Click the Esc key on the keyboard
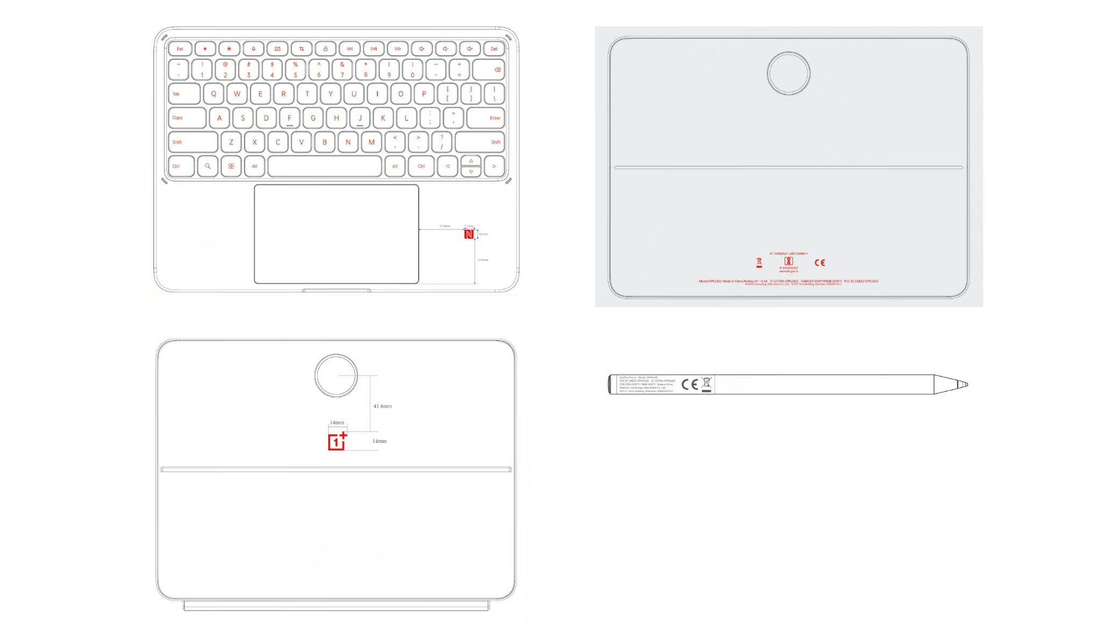[x=180, y=49]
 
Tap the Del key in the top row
[x=494, y=49]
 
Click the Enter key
[x=486, y=118]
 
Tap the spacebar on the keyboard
[x=324, y=166]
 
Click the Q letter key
[x=214, y=94]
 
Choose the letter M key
[x=371, y=142]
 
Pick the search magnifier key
[x=208, y=166]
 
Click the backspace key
[x=489, y=69]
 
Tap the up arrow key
[x=471, y=161]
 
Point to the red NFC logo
[x=469, y=234]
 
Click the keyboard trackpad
[x=336, y=234]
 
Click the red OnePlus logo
[x=337, y=441]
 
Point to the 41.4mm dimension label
[x=383, y=406]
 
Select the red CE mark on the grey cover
[x=819, y=263]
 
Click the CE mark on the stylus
[x=689, y=384]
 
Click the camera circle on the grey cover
[x=788, y=73]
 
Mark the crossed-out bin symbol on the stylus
[x=706, y=383]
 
